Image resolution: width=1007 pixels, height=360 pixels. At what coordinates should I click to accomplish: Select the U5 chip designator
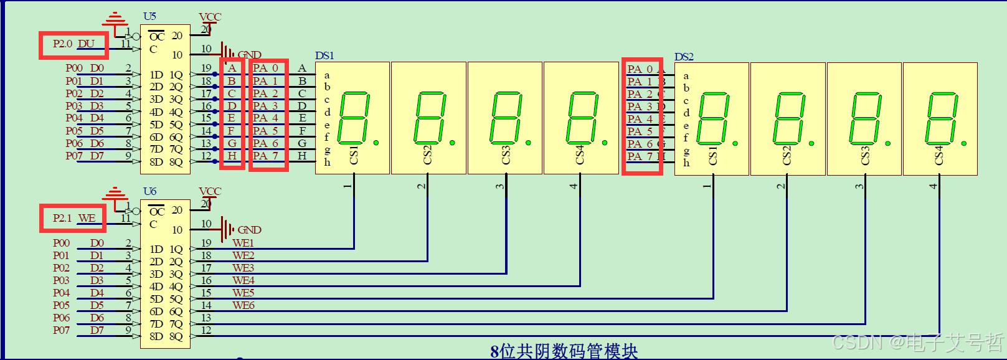pos(149,16)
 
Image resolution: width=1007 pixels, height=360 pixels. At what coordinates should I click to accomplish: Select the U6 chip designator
pos(149,191)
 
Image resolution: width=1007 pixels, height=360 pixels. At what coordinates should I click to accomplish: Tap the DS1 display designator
pos(324,56)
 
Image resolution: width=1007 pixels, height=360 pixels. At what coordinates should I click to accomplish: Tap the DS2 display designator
pos(684,57)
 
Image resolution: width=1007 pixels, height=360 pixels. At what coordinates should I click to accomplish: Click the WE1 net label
pos(243,243)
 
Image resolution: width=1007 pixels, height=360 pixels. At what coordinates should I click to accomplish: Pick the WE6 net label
pos(243,305)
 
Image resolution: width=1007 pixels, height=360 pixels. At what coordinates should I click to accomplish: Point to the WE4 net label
pos(243,280)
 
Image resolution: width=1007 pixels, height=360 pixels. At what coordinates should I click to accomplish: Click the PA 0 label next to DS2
pos(640,69)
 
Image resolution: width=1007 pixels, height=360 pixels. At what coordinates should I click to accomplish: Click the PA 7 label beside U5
pos(265,156)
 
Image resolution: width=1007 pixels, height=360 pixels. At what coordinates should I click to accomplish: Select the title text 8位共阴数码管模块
pos(564,351)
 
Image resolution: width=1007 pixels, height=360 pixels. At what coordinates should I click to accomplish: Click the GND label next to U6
pos(249,230)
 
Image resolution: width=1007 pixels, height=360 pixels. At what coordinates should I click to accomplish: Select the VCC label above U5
pos(210,17)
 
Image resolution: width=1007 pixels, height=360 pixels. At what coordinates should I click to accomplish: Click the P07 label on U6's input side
pos(61,330)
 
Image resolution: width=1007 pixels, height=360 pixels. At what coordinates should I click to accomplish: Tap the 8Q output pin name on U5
pos(176,162)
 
